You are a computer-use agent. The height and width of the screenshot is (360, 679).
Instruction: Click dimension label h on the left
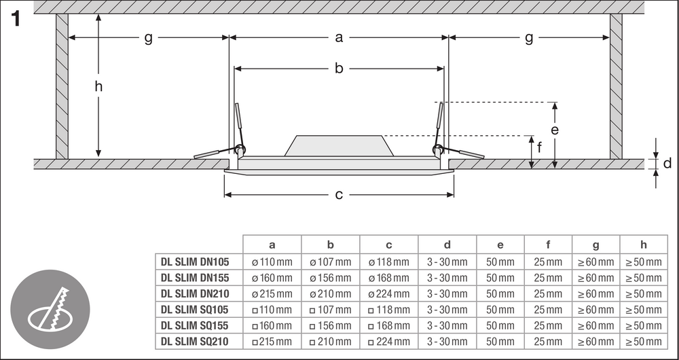[x=99, y=86]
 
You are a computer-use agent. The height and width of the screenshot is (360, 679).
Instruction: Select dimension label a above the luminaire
[x=339, y=38]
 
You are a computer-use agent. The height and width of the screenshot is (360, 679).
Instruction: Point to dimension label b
[x=339, y=68]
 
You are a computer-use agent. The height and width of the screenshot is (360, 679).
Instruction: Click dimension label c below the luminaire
[x=339, y=195]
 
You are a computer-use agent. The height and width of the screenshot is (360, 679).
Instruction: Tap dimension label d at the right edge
[x=667, y=164]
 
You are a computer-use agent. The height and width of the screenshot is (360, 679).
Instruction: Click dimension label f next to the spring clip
[x=539, y=145]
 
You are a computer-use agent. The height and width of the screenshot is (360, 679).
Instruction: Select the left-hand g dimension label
[x=148, y=38]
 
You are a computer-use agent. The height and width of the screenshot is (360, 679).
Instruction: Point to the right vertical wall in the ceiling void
[x=616, y=86]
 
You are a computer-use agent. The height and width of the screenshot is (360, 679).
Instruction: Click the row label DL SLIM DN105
[x=195, y=262]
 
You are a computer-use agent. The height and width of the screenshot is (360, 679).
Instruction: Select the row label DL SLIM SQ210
[x=195, y=342]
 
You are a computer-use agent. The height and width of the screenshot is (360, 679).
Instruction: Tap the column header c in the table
[x=389, y=245]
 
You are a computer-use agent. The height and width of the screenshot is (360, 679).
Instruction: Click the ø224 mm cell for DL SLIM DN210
[x=389, y=293]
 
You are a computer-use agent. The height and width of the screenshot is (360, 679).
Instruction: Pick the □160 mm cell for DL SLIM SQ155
[x=272, y=325]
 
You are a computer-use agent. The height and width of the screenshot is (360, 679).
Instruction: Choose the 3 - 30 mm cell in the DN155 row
[x=447, y=277]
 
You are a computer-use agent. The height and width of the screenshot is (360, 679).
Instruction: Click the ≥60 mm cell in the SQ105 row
[x=596, y=310]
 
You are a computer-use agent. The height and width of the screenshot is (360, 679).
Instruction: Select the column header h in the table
[x=643, y=245]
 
